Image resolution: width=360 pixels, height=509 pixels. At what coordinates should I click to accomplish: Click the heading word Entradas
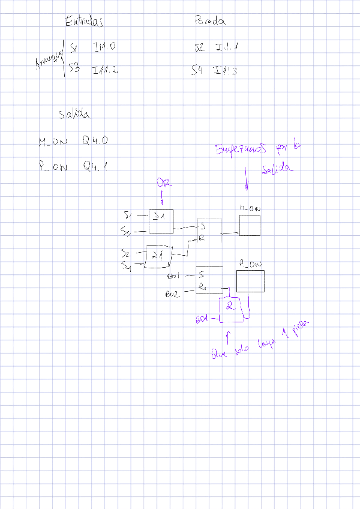[x=85, y=22]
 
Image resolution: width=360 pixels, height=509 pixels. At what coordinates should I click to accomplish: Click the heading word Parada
[x=211, y=22]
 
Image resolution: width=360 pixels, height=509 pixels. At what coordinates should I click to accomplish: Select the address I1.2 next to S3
[x=105, y=70]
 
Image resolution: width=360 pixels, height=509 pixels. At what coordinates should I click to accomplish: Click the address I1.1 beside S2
[x=226, y=47]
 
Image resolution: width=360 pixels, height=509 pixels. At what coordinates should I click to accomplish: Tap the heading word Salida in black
[x=74, y=114]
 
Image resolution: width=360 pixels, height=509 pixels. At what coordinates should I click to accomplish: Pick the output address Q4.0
[x=95, y=141]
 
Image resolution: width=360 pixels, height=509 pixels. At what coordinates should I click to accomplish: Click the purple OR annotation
[x=161, y=182]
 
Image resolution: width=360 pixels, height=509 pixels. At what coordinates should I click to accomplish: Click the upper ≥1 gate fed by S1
[x=161, y=220]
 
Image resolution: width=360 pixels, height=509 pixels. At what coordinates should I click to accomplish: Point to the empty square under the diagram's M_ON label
[x=250, y=226]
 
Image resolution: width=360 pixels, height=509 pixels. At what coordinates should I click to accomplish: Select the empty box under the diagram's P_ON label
[x=250, y=281]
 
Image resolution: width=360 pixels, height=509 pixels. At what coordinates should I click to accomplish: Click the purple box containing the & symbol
[x=231, y=308]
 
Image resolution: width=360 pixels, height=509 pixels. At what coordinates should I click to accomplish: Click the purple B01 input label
[x=202, y=318]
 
